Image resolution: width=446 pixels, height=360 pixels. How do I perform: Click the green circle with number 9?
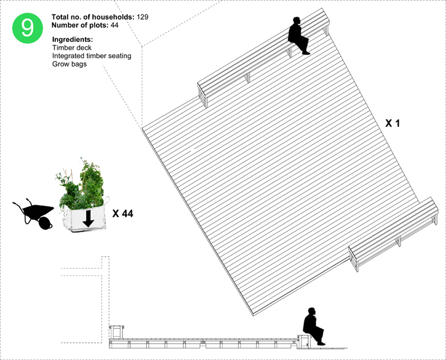click(x=28, y=28)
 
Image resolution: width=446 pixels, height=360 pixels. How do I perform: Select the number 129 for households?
click(x=142, y=17)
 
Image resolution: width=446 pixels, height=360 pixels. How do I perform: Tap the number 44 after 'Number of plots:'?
click(x=114, y=25)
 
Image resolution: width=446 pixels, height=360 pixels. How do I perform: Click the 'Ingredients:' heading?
click(x=73, y=40)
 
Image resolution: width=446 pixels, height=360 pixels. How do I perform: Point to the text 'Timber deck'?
click(x=72, y=47)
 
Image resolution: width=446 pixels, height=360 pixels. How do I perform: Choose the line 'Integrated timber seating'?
click(x=92, y=56)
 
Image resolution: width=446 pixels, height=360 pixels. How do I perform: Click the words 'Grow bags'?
click(x=70, y=64)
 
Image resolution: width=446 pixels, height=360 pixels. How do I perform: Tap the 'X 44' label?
click(x=123, y=214)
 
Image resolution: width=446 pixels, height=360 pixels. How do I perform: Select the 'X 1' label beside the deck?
click(x=393, y=123)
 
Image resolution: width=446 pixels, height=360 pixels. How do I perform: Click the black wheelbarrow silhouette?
click(x=34, y=214)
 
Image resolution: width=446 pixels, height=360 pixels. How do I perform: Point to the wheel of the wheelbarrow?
click(x=45, y=223)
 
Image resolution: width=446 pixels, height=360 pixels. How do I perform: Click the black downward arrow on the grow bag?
click(x=89, y=218)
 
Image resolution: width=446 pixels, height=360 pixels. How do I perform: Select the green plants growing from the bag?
click(x=81, y=185)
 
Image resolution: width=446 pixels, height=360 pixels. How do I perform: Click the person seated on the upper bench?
click(x=298, y=35)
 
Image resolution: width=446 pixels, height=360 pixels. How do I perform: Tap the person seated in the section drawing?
click(x=314, y=326)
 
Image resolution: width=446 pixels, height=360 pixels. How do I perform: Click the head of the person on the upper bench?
click(x=297, y=22)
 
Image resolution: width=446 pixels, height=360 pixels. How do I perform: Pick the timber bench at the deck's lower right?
click(x=394, y=233)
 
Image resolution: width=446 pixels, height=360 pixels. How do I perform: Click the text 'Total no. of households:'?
click(x=93, y=17)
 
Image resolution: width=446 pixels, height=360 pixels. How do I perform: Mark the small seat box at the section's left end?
click(x=117, y=332)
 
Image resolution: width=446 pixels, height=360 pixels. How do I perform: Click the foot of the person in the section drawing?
click(x=321, y=344)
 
